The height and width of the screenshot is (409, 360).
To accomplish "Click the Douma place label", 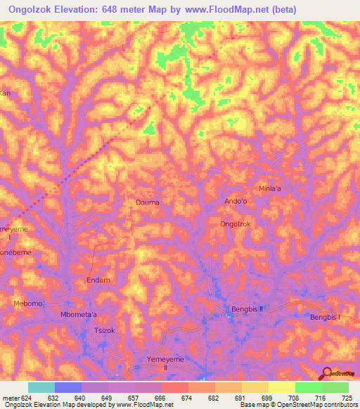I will click(x=147, y=202).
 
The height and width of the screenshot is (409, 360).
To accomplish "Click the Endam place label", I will click(x=98, y=280).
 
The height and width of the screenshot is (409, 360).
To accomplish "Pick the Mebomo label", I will click(x=29, y=304).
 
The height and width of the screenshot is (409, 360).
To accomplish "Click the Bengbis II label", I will click(x=247, y=309).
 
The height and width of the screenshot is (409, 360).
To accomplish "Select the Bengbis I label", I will click(x=325, y=318).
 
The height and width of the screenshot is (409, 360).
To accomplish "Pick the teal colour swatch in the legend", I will click(x=41, y=387).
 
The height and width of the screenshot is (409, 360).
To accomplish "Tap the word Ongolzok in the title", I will click(x=36, y=9).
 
